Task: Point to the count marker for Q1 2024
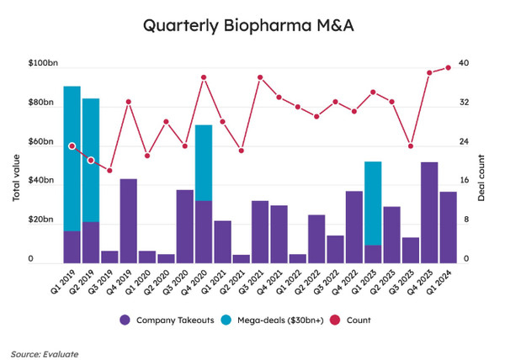pos(449,67)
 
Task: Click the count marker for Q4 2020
pos(204,77)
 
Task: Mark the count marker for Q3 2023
pos(411,146)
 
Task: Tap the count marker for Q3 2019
pos(110,171)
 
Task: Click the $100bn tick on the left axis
pos(42,64)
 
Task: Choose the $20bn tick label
pos(44,220)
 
